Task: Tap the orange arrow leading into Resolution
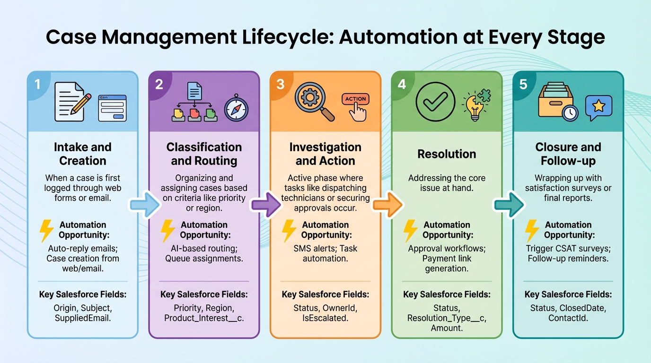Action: point(387,204)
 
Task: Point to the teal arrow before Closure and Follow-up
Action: point(509,204)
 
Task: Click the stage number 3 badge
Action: point(280,84)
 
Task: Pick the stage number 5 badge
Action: point(523,84)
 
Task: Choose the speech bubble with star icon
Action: point(598,107)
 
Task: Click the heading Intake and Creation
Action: point(82,154)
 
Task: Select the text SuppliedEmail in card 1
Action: point(82,318)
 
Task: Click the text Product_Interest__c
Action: point(204,318)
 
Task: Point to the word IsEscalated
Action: point(325,318)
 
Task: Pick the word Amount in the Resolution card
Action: point(447,328)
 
